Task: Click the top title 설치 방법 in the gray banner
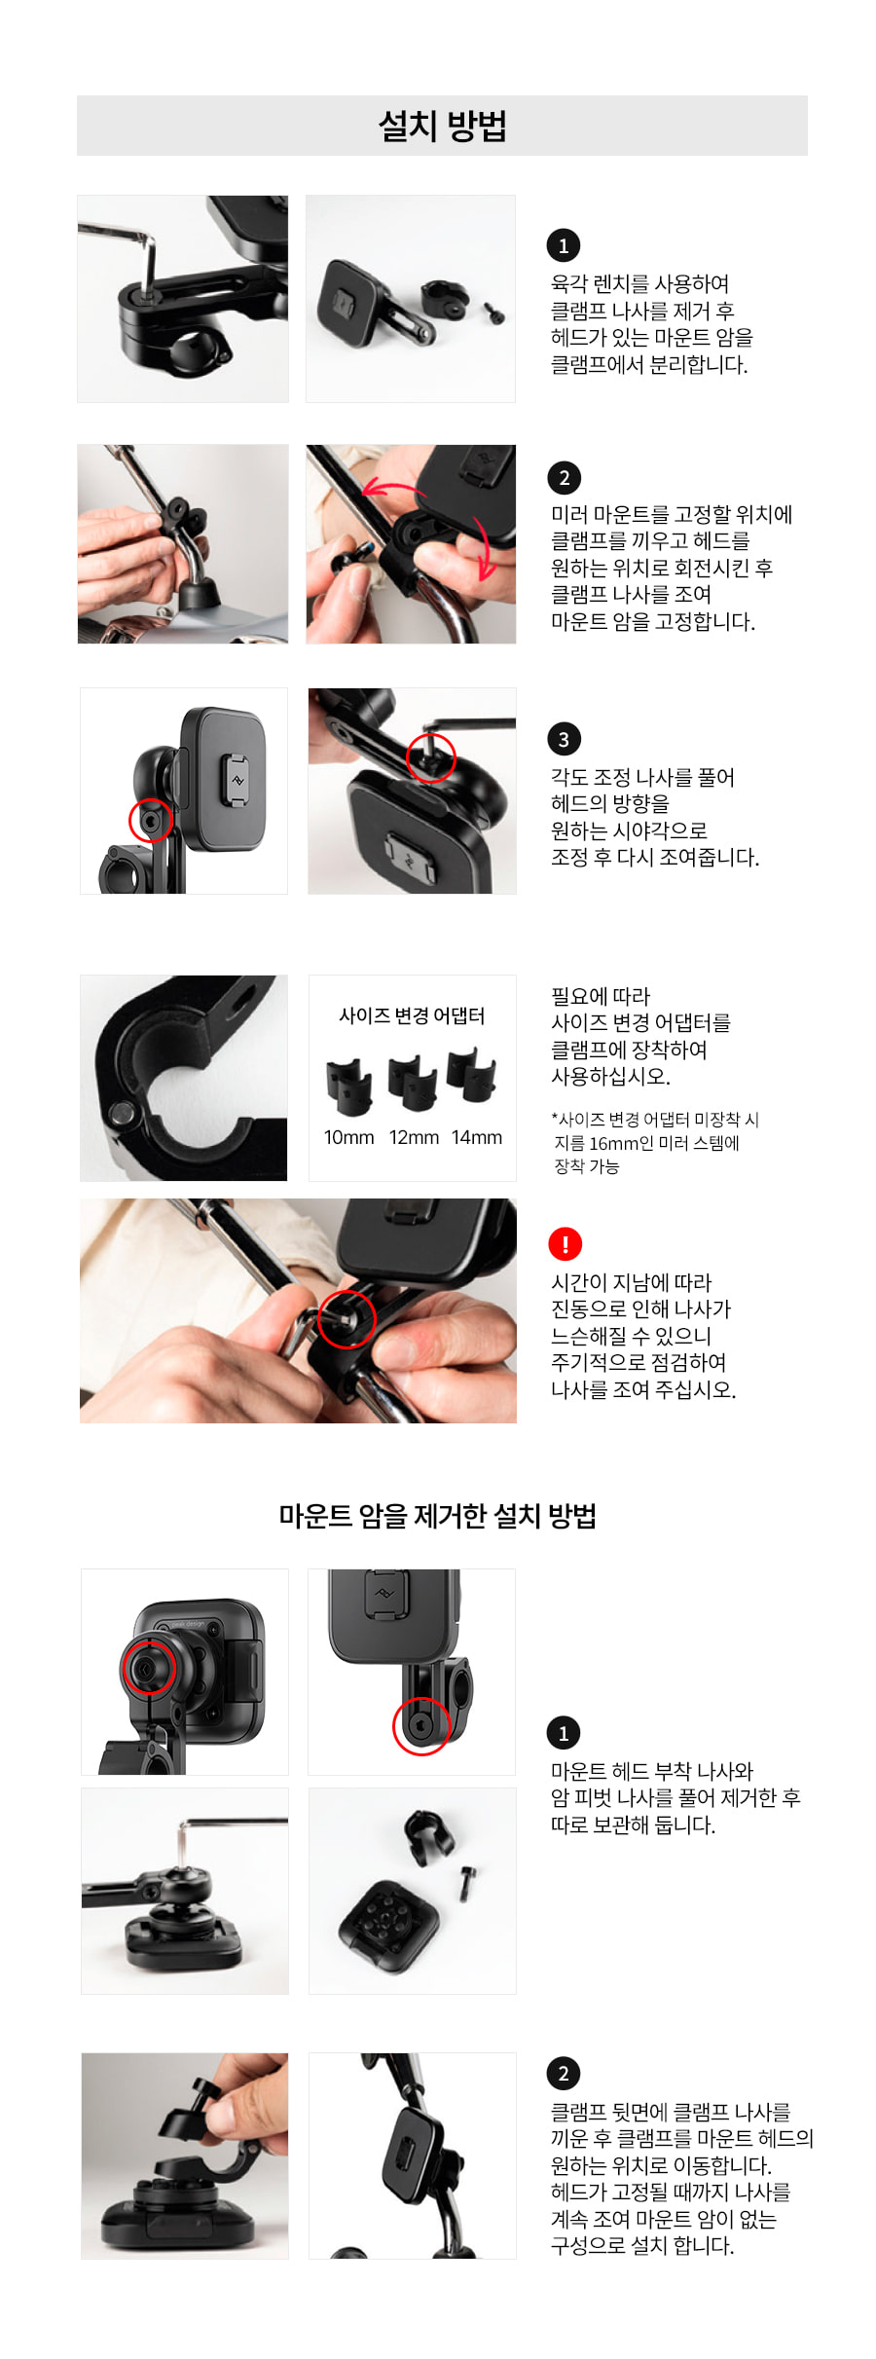pos(442,126)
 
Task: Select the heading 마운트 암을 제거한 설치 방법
pos(437,1516)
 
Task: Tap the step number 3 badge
pos(564,739)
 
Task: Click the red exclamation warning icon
pos(565,1243)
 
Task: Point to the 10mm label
pos(348,1137)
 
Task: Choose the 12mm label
pos(414,1137)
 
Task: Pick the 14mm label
pos(477,1137)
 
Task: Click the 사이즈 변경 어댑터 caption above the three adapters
pos(412,1015)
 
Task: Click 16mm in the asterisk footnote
pos(611,1143)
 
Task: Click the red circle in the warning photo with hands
pos(347,1317)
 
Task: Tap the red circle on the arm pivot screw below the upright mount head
pos(420,1726)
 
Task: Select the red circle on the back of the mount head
pos(148,1666)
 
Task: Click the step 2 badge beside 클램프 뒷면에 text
pos(564,2074)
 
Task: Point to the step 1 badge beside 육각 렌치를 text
pos(564,245)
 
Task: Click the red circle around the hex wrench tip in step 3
pos(430,757)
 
